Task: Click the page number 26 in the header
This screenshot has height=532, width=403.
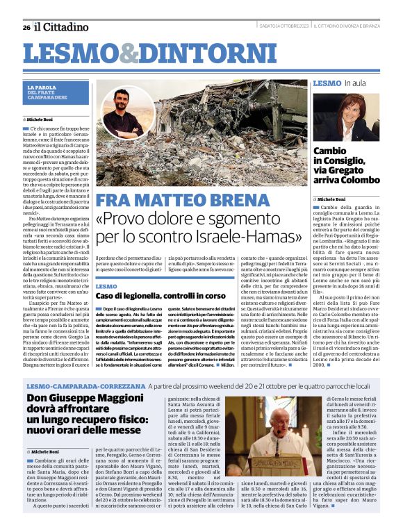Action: click(x=26, y=27)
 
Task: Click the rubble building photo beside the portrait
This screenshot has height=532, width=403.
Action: click(x=229, y=132)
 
